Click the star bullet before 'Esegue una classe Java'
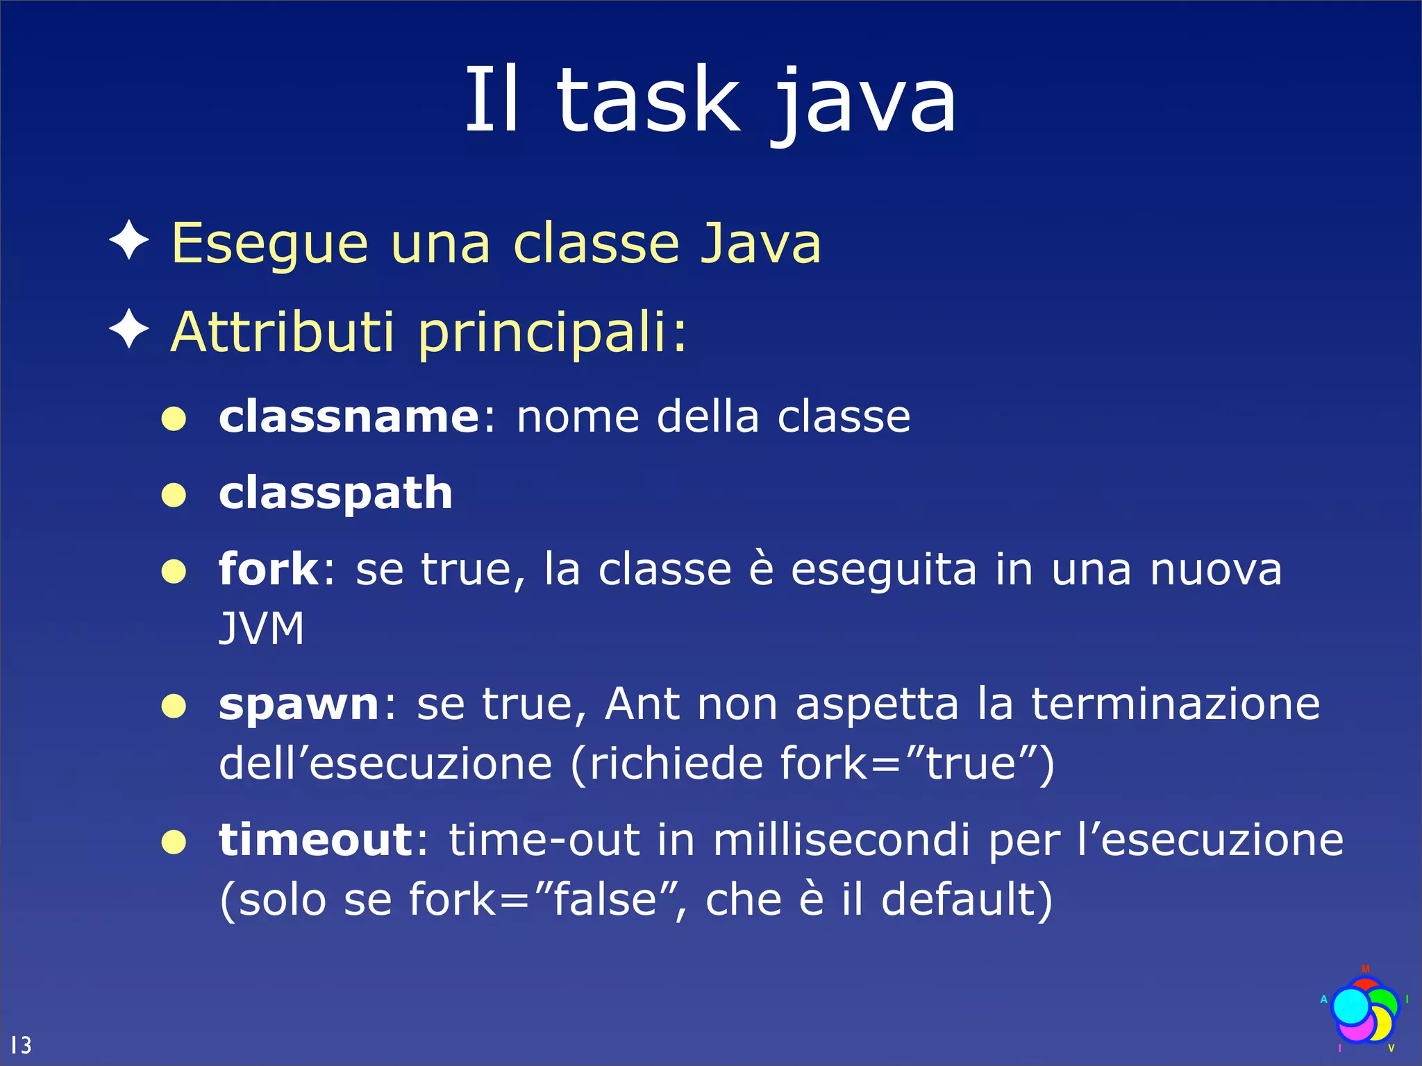tap(129, 241)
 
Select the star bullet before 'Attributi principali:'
tap(129, 330)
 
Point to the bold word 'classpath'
tap(335, 493)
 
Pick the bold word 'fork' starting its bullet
tap(268, 569)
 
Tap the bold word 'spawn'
tap(299, 704)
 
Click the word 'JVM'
tap(262, 629)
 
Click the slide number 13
tap(21, 1044)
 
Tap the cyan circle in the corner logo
tap(1351, 1006)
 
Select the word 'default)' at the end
tap(967, 899)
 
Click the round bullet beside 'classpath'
tap(174, 495)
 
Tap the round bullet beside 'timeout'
tap(174, 842)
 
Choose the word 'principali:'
tap(553, 333)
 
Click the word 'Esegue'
tap(269, 244)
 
